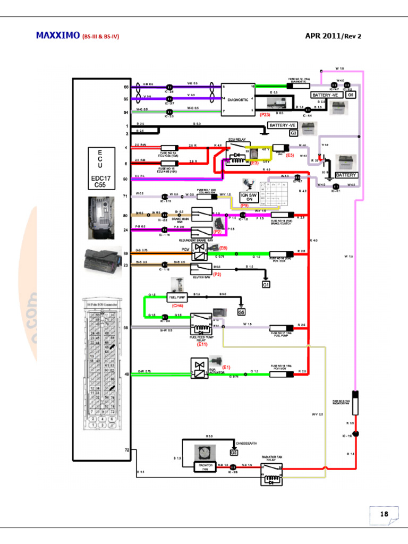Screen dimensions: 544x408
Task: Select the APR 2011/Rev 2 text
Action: click(337, 36)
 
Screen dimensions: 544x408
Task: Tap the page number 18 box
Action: click(384, 515)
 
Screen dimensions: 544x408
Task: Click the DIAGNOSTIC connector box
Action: click(237, 99)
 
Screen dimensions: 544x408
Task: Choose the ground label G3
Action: click(293, 133)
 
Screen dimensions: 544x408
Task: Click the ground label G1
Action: click(266, 285)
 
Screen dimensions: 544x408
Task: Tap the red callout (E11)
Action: click(202, 344)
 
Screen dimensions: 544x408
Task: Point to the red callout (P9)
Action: click(245, 206)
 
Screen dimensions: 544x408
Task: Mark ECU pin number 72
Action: click(127, 450)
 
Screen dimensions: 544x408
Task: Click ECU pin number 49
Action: click(126, 374)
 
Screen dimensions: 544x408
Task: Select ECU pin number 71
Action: click(126, 196)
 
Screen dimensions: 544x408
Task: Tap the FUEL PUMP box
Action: click(176, 296)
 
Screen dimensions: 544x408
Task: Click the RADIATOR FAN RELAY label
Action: click(275, 459)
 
